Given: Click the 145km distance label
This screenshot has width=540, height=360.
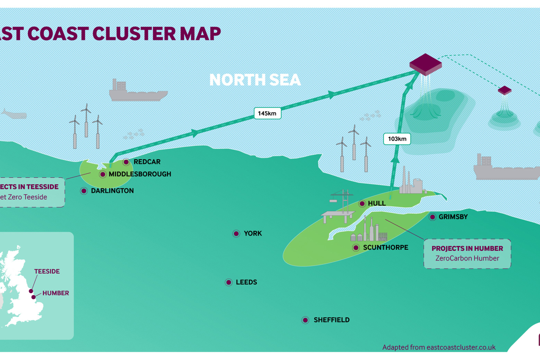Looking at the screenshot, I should coord(267,113).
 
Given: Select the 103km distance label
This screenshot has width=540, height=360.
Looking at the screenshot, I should coord(397,139).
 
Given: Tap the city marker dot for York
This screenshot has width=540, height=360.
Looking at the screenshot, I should coord(236,234).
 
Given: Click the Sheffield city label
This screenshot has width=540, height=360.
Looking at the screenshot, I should coord(331,320).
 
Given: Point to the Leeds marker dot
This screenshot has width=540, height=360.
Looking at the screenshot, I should coord(229,282).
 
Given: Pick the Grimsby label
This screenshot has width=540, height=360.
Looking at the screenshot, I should coord(453,217).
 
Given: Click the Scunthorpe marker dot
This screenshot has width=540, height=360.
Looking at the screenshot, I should coord(356,248).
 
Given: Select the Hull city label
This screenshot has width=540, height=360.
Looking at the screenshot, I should coord(376,203).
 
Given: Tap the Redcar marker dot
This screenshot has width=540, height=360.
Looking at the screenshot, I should coord(126,162).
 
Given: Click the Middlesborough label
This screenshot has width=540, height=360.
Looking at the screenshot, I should coord(139,174).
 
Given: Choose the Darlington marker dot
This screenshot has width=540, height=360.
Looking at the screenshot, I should coord(84,191).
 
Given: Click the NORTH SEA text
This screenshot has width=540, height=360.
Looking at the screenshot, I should coord(255,80).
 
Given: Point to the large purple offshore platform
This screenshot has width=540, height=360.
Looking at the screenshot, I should coord(425,64).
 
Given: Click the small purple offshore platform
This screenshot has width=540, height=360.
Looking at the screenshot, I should coord(504,90).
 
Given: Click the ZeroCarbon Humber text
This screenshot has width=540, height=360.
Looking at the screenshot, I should coord(467,258).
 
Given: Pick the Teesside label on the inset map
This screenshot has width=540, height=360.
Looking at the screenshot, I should coord(47,271).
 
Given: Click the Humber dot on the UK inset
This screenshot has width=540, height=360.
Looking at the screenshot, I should coord(33,297).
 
